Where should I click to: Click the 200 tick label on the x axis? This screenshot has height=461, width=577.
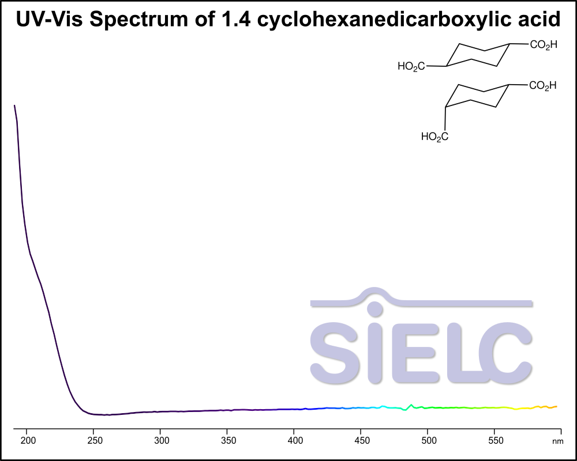[28, 440]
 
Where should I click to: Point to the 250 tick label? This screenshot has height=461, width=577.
[94, 440]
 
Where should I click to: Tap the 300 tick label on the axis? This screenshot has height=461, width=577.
[161, 440]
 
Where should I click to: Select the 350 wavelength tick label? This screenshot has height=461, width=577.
[227, 440]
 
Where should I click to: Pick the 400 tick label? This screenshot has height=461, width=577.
[294, 440]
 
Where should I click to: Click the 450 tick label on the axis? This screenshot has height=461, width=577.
[361, 440]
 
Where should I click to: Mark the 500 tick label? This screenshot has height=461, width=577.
[428, 440]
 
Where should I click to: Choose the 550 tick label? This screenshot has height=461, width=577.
[494, 440]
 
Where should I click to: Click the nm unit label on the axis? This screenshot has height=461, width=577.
[557, 441]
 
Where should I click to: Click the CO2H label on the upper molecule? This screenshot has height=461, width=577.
[544, 44]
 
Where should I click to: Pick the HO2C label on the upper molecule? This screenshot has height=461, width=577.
[411, 67]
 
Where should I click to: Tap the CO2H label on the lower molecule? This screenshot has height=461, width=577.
[543, 86]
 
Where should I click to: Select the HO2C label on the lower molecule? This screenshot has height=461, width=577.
[434, 137]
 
